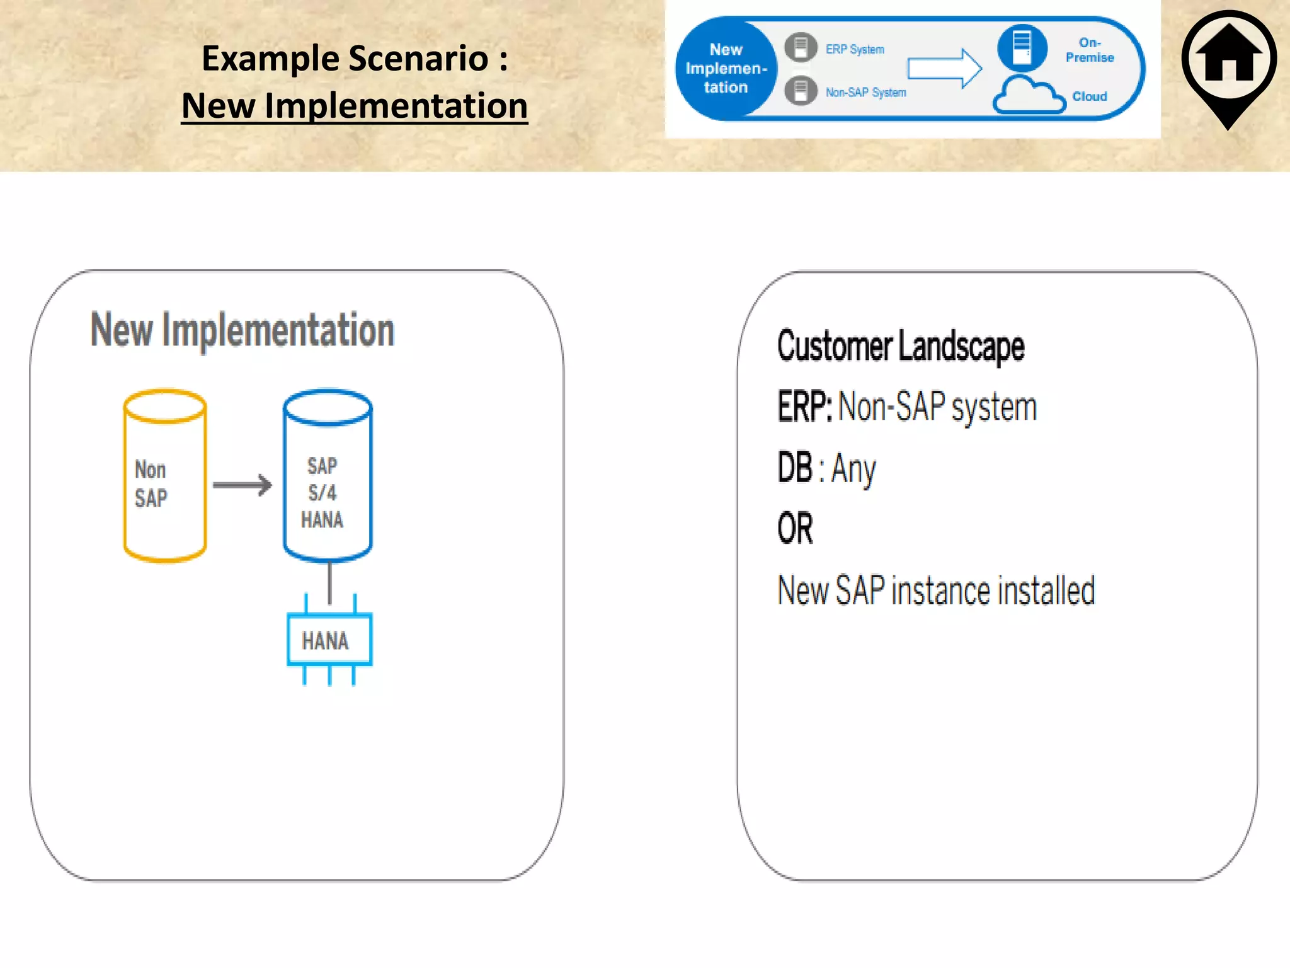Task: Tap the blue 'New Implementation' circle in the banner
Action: click(726, 69)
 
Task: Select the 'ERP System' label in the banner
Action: click(855, 49)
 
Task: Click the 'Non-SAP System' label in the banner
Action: click(865, 93)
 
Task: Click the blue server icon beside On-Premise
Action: click(1022, 47)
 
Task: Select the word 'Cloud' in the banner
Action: click(1089, 96)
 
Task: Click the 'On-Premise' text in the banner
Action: click(1089, 50)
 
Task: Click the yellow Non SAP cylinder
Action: click(165, 476)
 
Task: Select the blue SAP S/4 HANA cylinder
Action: click(328, 476)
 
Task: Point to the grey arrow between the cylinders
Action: click(243, 485)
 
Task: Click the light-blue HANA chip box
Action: click(329, 640)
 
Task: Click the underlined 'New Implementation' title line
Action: click(355, 105)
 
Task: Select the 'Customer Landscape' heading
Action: click(901, 346)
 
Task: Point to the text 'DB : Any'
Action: click(826, 468)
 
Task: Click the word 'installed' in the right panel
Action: click(1046, 591)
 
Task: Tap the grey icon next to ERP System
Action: click(801, 47)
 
